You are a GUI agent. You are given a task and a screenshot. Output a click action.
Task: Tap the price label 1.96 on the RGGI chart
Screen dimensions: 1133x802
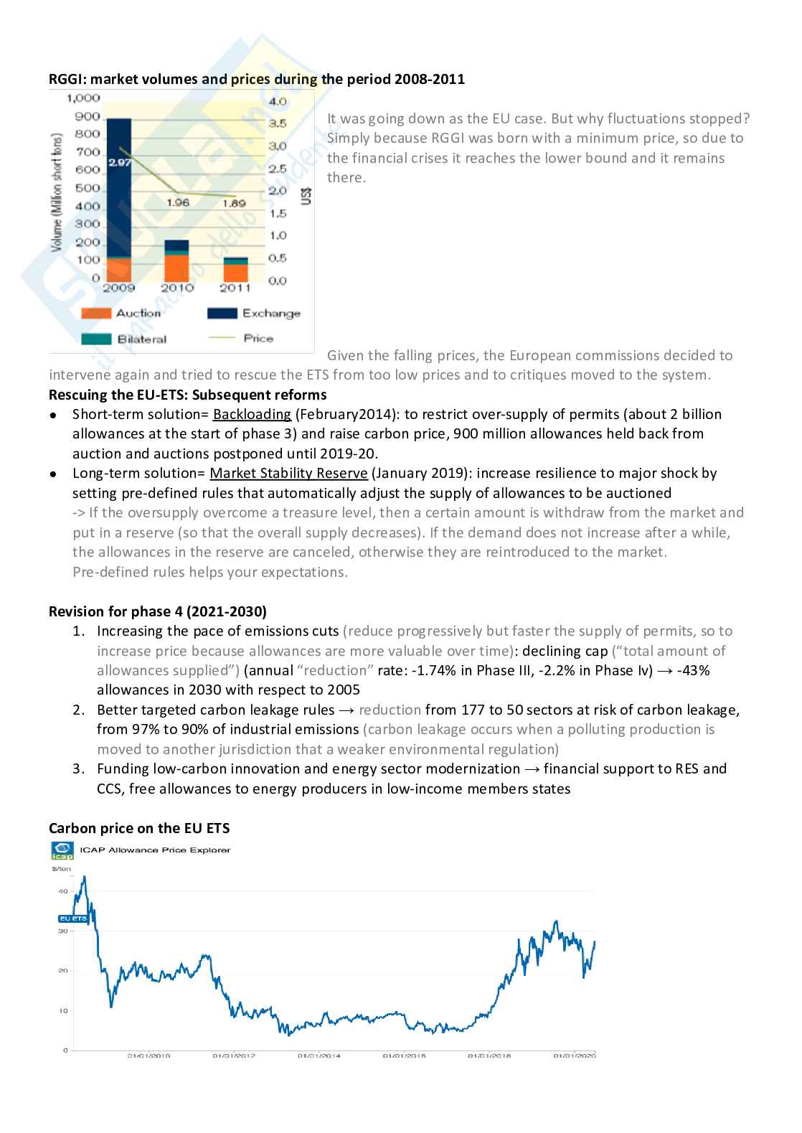click(178, 202)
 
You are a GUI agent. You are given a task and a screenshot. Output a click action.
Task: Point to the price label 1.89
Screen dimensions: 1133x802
click(234, 203)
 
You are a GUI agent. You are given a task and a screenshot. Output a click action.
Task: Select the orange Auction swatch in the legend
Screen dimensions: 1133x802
click(96, 314)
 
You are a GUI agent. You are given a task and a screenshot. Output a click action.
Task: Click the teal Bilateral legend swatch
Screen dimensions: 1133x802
click(96, 339)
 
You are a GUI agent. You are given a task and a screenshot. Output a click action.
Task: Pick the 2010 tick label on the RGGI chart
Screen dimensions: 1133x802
click(177, 288)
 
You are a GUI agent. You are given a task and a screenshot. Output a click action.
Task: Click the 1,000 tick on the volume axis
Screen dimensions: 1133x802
click(83, 98)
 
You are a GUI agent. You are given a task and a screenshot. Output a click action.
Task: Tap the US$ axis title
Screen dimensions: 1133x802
click(306, 196)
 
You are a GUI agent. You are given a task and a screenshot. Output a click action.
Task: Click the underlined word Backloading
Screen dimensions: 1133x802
click(252, 414)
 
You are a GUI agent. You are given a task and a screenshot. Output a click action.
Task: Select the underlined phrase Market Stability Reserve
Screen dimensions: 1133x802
click(288, 473)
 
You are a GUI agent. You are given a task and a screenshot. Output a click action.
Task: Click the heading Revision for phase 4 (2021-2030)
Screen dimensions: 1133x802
click(158, 611)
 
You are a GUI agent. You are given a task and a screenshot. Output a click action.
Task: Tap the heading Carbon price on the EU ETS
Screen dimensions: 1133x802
click(139, 828)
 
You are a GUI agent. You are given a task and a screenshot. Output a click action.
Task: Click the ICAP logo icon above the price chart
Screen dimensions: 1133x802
click(62, 850)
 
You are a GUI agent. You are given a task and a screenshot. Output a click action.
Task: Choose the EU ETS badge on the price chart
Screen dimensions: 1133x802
click(72, 918)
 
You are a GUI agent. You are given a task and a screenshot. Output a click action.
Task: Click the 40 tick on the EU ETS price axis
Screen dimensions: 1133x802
click(63, 891)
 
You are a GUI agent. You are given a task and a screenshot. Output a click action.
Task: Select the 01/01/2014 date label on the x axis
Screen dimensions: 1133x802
click(319, 1056)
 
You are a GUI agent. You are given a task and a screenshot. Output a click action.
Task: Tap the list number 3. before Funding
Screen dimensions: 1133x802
click(79, 768)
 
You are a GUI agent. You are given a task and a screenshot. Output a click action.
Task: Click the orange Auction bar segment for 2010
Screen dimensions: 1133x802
click(176, 267)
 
